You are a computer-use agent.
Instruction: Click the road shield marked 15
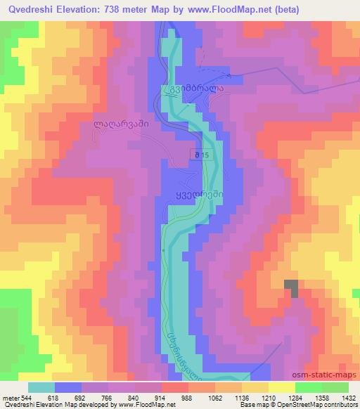pos(201,154)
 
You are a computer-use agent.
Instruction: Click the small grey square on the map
pos(291,287)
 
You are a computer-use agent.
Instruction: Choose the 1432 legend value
pos(344,397)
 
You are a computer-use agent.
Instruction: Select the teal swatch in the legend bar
pos(41,387)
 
